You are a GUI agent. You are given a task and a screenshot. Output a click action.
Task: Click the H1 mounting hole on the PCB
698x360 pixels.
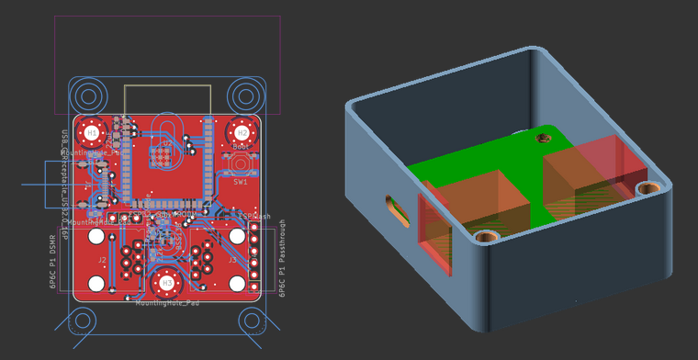pos(92,133)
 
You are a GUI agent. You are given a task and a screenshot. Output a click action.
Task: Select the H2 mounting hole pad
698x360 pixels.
pos(242,133)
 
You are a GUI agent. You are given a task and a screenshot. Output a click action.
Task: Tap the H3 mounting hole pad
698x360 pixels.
pos(166,282)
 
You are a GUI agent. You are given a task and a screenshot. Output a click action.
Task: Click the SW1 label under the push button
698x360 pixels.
pos(241,182)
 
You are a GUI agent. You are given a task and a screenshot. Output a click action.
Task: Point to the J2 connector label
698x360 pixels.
pos(103,261)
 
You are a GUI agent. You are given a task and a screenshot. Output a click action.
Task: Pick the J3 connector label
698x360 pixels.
pos(231,261)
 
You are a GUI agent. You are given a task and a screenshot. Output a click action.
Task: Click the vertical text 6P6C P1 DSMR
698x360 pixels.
pos(52,262)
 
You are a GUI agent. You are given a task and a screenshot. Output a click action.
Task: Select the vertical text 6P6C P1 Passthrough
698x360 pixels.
pos(282,258)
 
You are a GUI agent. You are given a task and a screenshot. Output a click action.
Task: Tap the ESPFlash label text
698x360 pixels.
pos(254,217)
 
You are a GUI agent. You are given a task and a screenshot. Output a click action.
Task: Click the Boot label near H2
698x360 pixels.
pos(241,147)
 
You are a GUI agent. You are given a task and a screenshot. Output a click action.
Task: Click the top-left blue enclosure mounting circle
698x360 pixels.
pos(90,96)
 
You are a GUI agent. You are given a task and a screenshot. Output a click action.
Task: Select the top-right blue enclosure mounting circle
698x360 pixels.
pos(244,96)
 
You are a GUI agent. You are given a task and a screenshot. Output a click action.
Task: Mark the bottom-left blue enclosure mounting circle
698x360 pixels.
pos(83,321)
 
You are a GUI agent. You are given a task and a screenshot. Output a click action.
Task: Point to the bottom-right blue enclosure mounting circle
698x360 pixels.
pos(252,321)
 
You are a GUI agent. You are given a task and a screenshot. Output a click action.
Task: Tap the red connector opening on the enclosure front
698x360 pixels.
pos(435,234)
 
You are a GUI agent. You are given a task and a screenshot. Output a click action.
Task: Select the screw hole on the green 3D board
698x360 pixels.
pos(543,139)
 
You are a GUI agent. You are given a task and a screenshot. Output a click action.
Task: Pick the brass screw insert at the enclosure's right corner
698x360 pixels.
pos(648,190)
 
